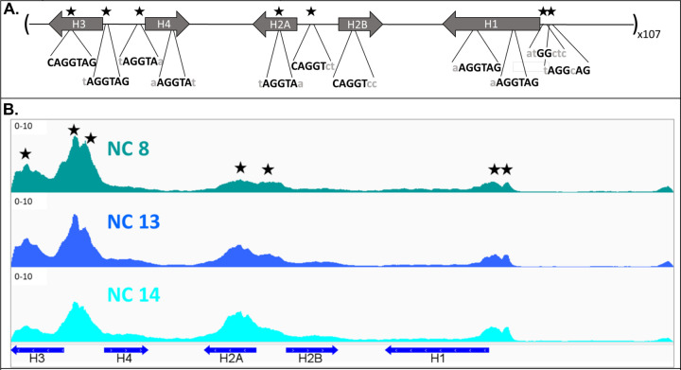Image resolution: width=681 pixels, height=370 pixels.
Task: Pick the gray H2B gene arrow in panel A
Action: coord(360,24)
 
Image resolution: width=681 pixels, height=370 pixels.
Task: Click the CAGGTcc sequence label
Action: coord(355,82)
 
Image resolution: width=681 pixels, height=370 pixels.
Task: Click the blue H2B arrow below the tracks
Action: coord(311,349)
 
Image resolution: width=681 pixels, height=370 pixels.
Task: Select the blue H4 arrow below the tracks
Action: coord(126,349)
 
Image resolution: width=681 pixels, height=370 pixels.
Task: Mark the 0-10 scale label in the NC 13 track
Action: coord(23,202)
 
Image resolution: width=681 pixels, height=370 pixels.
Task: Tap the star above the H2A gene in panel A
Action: coord(279,10)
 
